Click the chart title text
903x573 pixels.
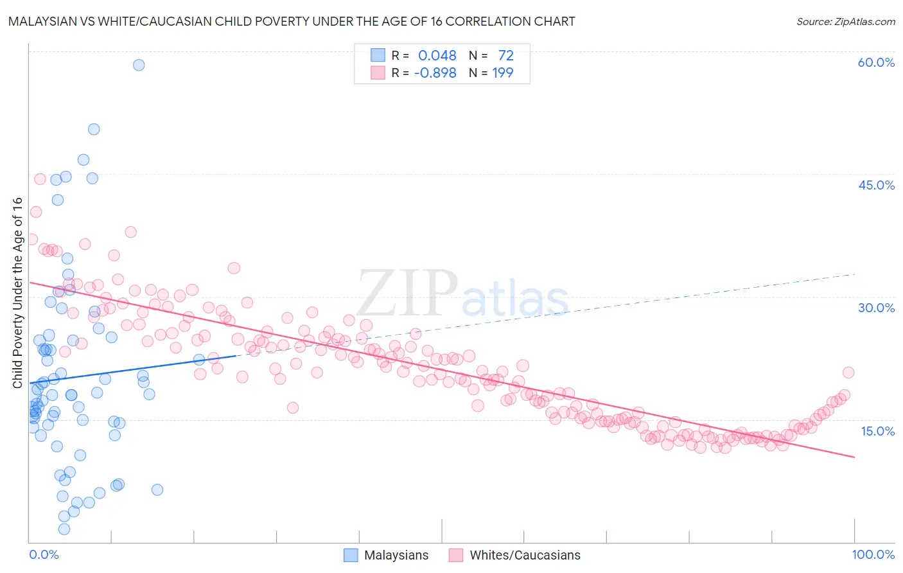pos(292,21)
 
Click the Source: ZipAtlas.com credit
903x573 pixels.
pos(845,21)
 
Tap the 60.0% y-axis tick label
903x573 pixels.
pos(876,62)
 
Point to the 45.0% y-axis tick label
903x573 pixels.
pos(876,185)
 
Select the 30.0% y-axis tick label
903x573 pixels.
pos(876,308)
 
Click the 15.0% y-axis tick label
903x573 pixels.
pos(877,430)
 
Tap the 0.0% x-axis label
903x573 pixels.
pos(44,554)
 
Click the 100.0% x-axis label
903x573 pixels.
pos(873,554)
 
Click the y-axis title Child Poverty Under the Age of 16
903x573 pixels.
pos(17,292)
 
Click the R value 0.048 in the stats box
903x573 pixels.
pos(437,56)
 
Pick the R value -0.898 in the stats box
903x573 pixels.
pos(435,73)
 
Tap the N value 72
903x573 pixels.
pos(505,56)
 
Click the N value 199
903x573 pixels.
pos(502,73)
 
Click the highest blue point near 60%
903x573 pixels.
pos(139,65)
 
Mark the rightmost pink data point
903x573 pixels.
pos(848,373)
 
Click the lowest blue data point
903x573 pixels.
pos(64,529)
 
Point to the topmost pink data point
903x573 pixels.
pos(40,179)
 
